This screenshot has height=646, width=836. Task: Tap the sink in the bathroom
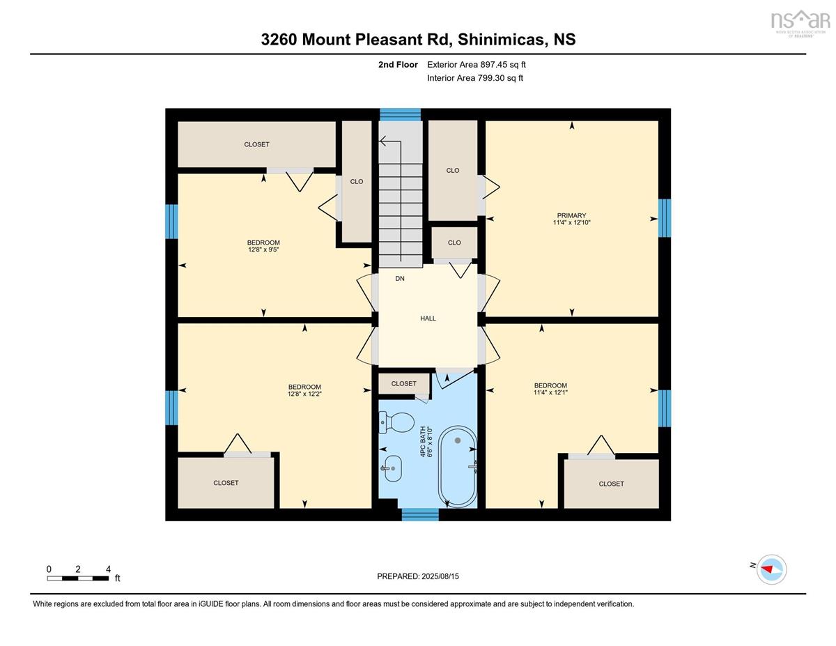392,468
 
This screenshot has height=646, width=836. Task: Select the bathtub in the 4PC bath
458,466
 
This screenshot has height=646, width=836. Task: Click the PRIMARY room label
571,215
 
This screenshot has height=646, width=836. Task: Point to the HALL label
428,318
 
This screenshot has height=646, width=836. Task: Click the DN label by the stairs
400,278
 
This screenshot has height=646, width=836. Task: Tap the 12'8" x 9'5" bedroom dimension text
263,249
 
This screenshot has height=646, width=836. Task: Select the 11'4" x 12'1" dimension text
550,392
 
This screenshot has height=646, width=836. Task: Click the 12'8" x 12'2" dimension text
304,394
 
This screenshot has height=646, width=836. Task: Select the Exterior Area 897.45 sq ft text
477,65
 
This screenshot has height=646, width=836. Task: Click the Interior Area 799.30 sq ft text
475,78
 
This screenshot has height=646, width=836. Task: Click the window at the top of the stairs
400,115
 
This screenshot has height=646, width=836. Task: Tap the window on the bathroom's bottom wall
420,514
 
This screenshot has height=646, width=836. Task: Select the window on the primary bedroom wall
665,217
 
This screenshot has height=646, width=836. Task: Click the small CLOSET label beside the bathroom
403,383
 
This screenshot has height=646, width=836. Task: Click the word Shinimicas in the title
501,40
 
